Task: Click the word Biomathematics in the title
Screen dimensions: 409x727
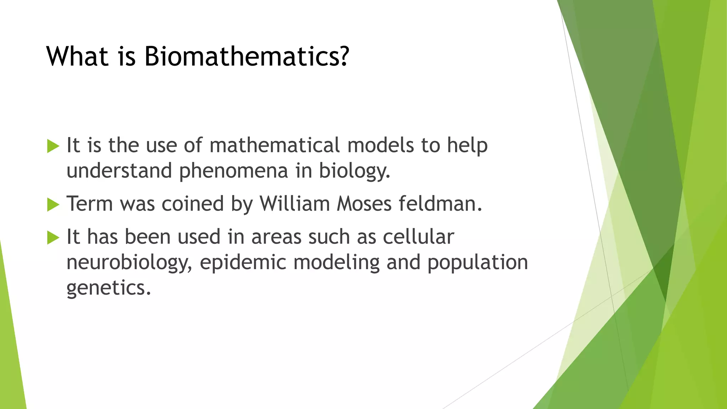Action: point(247,56)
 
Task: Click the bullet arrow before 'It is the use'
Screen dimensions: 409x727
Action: point(53,146)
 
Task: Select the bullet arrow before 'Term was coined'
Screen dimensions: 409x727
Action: point(53,204)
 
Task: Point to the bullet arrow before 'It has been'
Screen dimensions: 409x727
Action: point(53,238)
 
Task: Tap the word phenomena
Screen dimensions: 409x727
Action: point(233,171)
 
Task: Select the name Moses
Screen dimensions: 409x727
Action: point(364,204)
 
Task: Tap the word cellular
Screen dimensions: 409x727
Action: point(418,237)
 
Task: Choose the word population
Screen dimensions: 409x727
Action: point(477,263)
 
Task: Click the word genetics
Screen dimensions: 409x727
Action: point(109,288)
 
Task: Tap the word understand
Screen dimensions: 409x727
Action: point(119,171)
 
